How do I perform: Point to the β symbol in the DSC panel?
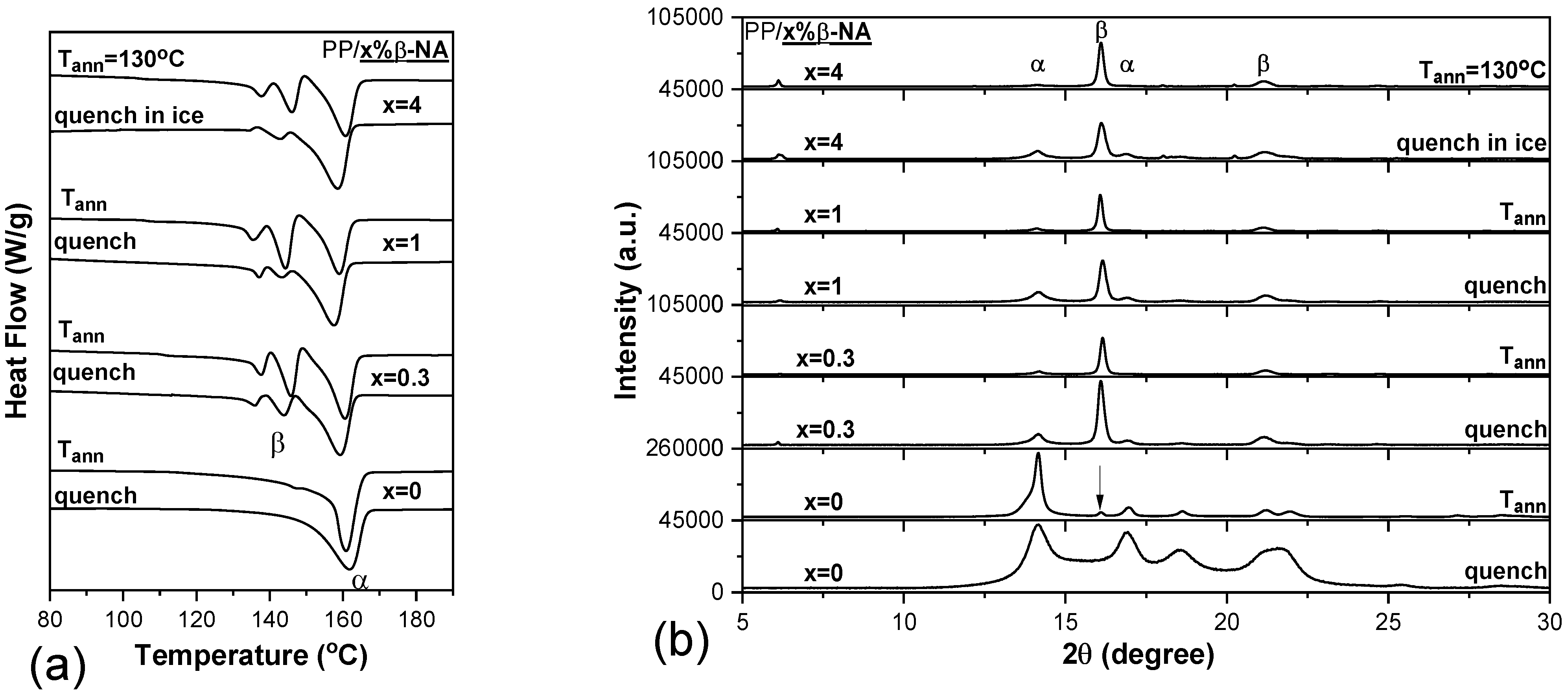tap(278, 445)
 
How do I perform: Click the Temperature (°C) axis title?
tap(251, 656)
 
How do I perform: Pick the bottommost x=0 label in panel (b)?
tap(823, 573)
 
